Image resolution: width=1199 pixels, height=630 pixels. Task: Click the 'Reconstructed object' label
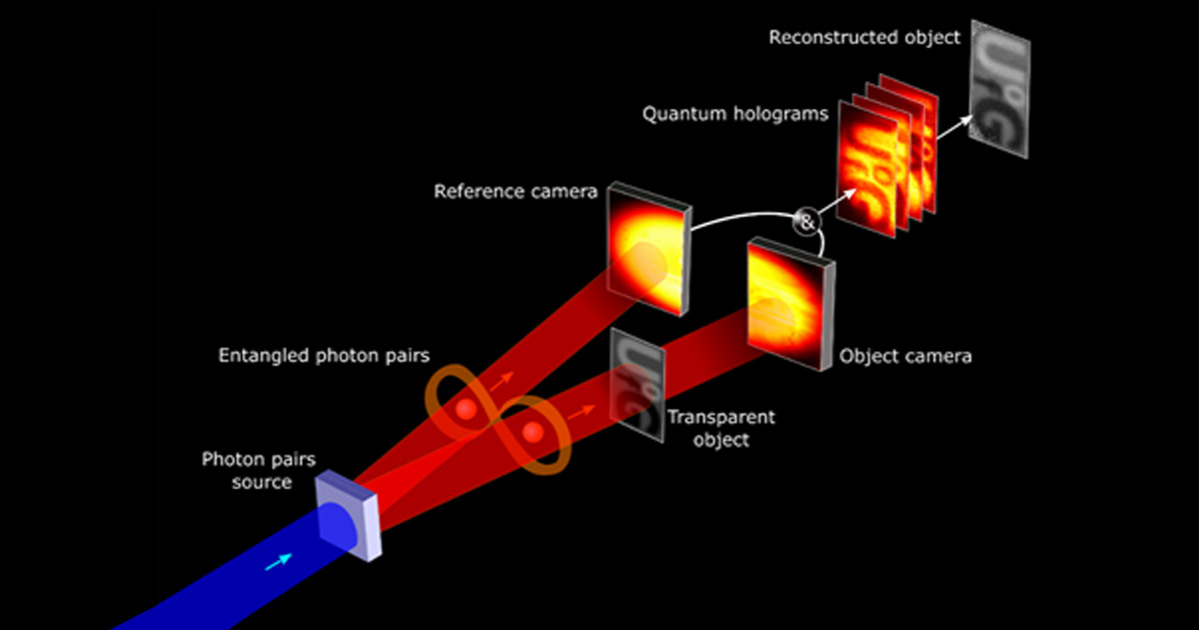tap(864, 38)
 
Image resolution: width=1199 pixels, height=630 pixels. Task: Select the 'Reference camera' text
tap(516, 190)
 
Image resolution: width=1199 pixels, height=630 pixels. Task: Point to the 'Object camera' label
tap(904, 355)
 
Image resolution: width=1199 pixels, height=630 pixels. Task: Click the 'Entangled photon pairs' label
tap(324, 356)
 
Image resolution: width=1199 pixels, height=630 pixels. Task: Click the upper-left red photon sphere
tap(466, 409)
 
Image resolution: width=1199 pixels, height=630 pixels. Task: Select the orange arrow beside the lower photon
tap(577, 409)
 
